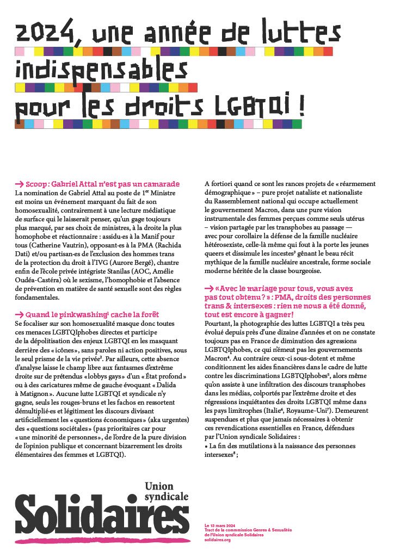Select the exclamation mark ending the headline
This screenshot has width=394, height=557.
coord(300,105)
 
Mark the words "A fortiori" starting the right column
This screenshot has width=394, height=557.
coord(220,184)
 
